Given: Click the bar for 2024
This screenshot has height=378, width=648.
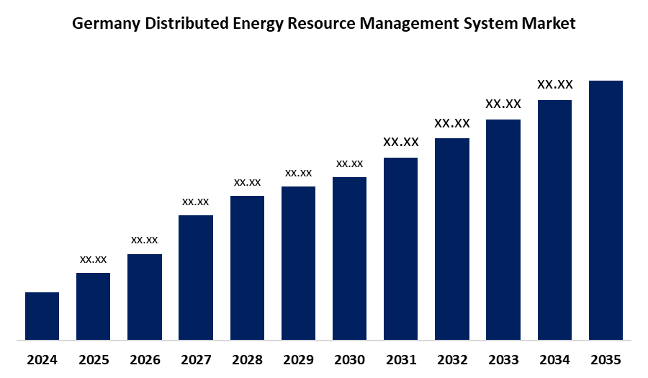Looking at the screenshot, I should pyautogui.click(x=42, y=315).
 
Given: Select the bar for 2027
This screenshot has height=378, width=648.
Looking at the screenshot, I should pyautogui.click(x=196, y=277).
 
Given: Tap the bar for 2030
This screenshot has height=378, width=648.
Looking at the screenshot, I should pyautogui.click(x=349, y=258).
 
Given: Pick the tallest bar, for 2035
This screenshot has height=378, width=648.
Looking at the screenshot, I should pyautogui.click(x=606, y=210).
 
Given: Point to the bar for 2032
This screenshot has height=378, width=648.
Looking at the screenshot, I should pyautogui.click(x=452, y=238).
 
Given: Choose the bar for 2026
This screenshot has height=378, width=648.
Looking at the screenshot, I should pyautogui.click(x=145, y=296).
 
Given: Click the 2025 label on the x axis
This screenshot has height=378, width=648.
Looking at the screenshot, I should pyautogui.click(x=93, y=359).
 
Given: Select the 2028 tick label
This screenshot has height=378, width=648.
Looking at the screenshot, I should pyautogui.click(x=247, y=359).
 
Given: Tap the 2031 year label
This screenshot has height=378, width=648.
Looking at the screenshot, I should pyautogui.click(x=400, y=359).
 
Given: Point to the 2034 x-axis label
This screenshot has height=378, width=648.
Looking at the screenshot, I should pyautogui.click(x=554, y=359).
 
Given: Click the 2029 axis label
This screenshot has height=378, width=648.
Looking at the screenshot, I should pyautogui.click(x=298, y=359).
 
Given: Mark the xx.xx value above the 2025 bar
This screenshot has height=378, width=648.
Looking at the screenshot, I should pyautogui.click(x=93, y=259).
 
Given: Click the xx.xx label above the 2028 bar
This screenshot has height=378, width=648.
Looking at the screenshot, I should pyautogui.click(x=247, y=182).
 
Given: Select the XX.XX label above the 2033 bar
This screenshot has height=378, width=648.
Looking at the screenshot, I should pyautogui.click(x=503, y=104).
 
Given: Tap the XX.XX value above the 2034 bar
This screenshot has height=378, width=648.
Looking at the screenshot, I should pyautogui.click(x=554, y=84).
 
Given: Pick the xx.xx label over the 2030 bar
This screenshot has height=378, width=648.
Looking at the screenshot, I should pyautogui.click(x=349, y=163).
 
